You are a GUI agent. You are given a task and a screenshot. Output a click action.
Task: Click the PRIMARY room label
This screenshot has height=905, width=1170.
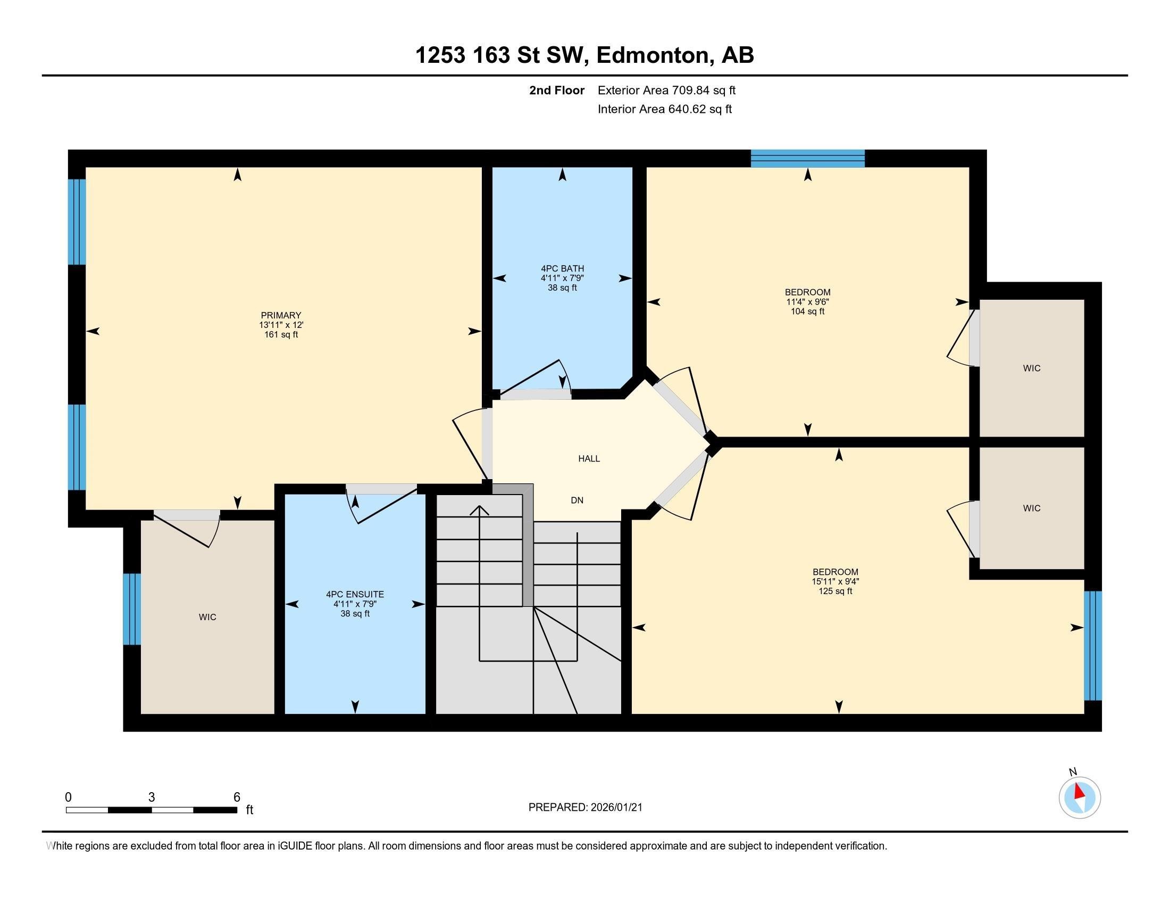(281, 315)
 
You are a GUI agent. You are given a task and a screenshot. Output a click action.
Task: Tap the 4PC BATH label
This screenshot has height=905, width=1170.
(562, 269)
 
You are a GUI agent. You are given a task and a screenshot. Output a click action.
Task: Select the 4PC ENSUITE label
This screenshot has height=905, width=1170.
(355, 595)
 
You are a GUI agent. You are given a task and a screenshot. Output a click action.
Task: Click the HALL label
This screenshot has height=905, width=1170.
(589, 459)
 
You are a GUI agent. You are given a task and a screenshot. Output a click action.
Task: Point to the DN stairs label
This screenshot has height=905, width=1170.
(577, 501)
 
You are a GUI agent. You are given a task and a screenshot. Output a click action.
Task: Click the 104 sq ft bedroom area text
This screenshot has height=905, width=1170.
(807, 311)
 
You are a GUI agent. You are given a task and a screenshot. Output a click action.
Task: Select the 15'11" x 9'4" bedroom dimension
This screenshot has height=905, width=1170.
(835, 582)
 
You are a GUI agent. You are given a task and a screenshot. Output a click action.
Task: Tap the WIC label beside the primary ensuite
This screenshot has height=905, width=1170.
(207, 618)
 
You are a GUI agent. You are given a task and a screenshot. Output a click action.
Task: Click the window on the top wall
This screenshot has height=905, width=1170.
(807, 159)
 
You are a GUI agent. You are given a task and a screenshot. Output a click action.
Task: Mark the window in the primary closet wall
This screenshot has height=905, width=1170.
(132, 609)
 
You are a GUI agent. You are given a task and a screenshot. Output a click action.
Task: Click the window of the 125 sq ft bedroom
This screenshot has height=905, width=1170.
(1093, 646)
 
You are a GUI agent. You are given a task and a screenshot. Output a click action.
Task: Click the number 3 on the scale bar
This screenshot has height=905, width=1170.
(152, 797)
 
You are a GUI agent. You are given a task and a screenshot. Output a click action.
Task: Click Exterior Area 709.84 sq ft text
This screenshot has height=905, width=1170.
(666, 90)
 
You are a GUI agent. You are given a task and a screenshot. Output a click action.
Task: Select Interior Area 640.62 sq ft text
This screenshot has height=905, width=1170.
(664, 109)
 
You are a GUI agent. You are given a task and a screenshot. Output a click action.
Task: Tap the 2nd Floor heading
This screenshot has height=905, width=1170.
(557, 90)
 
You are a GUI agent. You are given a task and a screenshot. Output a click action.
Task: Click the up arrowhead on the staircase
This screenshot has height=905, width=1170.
(480, 510)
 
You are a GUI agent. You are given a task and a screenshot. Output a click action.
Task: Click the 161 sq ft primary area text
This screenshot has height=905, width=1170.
(281, 335)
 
